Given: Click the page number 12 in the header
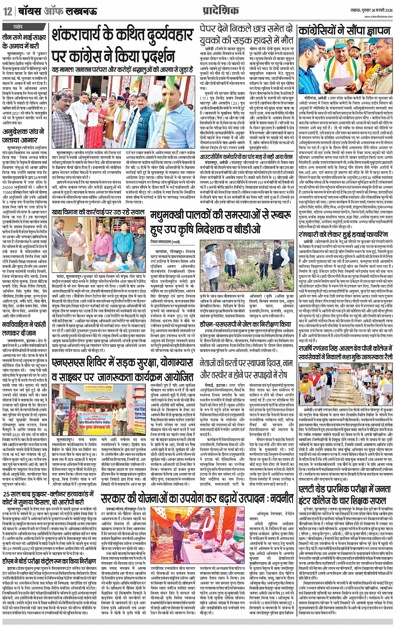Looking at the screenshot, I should pyautogui.click(x=7, y=11).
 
